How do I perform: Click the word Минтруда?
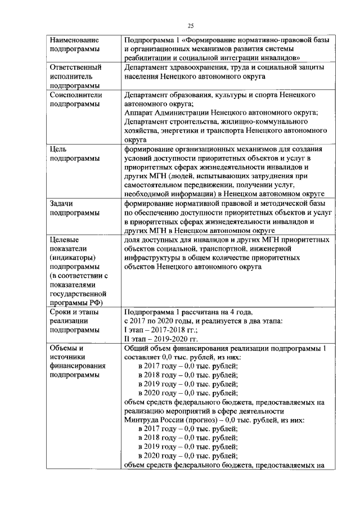pos(142,420)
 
